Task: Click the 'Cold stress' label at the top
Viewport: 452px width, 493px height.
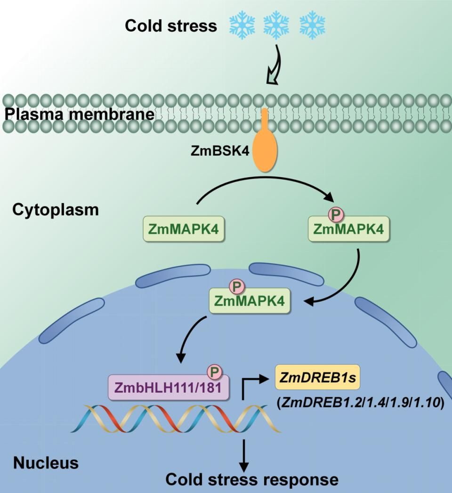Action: tap(170, 25)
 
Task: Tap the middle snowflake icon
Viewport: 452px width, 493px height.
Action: tap(276, 25)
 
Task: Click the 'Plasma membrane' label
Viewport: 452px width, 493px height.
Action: tap(77, 114)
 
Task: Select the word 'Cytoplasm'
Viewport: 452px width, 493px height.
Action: tap(56, 209)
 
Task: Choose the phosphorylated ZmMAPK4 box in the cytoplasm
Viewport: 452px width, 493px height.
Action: tap(348, 230)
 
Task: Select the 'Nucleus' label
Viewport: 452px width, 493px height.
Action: tap(46, 463)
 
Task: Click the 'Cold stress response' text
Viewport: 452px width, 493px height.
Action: tap(252, 479)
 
